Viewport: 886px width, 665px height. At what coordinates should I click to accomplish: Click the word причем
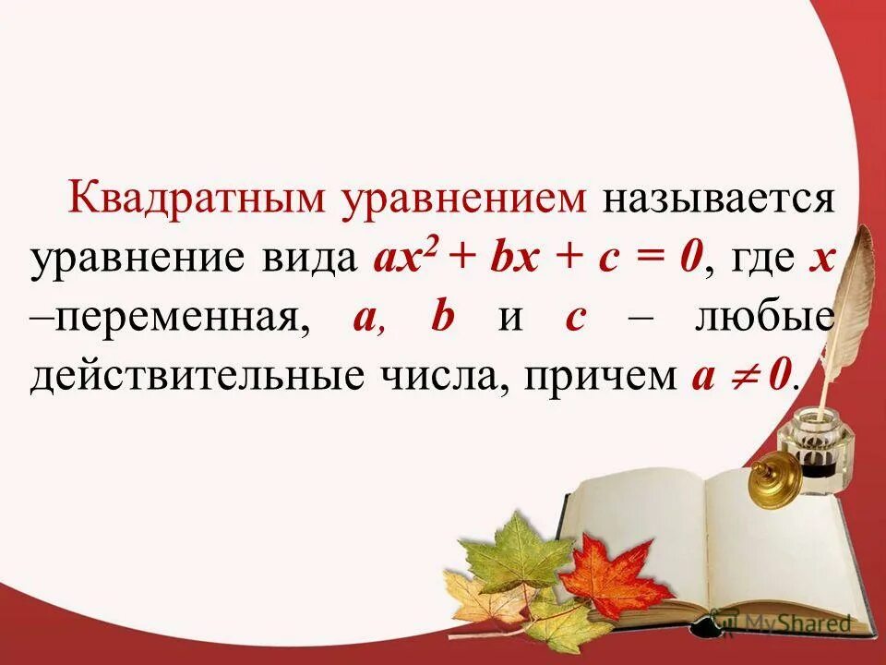pos(604,377)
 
